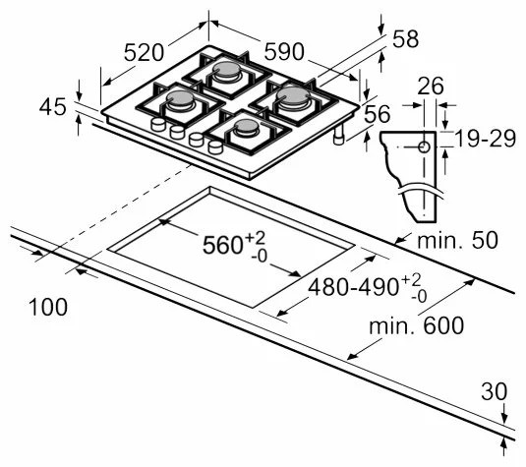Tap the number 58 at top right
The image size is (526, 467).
point(404,39)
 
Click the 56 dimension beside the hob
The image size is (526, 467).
point(378,115)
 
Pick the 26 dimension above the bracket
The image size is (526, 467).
point(427,86)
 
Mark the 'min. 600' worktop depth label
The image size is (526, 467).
point(413,325)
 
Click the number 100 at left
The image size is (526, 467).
point(48,308)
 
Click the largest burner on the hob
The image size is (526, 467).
point(292,96)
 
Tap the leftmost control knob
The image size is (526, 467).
point(156,126)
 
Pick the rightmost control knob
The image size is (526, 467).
point(214,147)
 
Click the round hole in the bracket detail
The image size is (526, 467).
point(424,146)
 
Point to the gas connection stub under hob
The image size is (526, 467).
point(340,138)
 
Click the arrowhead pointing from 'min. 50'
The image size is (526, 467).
point(397,240)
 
